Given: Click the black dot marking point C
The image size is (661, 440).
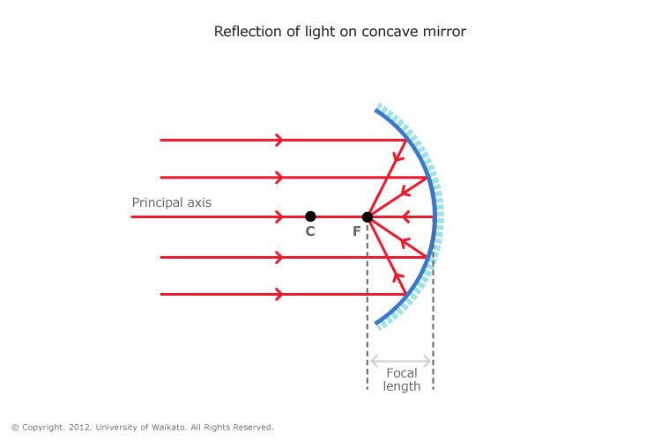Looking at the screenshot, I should pyautogui.click(x=310, y=216).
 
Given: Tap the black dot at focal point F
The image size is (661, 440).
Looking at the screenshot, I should pyautogui.click(x=368, y=216).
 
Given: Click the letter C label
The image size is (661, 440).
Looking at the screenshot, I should pyautogui.click(x=310, y=232).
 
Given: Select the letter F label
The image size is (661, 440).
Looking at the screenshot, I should pyautogui.click(x=356, y=232).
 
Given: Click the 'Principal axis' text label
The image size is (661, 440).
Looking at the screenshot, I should pyautogui.click(x=171, y=202).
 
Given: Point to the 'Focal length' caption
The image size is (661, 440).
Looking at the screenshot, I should pyautogui.click(x=402, y=379).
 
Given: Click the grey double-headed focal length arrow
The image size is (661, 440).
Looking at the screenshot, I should pyautogui.click(x=401, y=361).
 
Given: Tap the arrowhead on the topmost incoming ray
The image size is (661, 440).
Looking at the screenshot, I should pyautogui.click(x=279, y=140).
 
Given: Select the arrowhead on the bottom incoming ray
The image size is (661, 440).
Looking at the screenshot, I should pyautogui.click(x=279, y=294).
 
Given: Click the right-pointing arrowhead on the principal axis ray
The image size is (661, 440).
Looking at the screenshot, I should pyautogui.click(x=279, y=216).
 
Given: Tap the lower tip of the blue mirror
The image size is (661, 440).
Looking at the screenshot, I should pyautogui.click(x=377, y=324).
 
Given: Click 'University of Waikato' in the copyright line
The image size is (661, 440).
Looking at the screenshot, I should pyautogui.click(x=137, y=428).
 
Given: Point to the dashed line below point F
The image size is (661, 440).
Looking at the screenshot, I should pyautogui.click(x=368, y=308).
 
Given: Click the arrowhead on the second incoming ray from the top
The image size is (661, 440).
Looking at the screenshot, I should pyautogui.click(x=279, y=177).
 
